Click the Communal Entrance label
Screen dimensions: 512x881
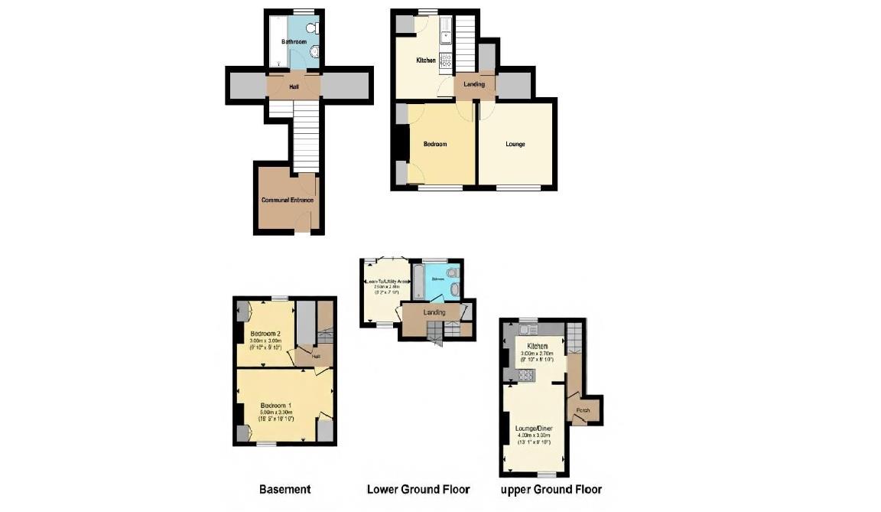288,201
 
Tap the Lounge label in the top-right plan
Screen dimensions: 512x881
515,144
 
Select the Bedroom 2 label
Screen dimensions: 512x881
265,333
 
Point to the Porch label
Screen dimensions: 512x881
583,410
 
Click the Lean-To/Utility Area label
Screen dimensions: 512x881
388,282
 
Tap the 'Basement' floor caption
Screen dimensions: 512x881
284,489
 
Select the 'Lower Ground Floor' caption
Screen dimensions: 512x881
418,489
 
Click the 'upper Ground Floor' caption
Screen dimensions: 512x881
551,489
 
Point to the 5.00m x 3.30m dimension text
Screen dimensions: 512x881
275,413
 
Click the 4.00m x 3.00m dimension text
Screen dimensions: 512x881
534,435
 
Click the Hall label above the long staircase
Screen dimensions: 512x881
294,87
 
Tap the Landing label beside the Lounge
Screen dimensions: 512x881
474,84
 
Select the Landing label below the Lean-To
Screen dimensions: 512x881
434,312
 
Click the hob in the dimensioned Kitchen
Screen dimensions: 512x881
526,375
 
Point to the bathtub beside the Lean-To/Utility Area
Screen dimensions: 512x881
417,282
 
